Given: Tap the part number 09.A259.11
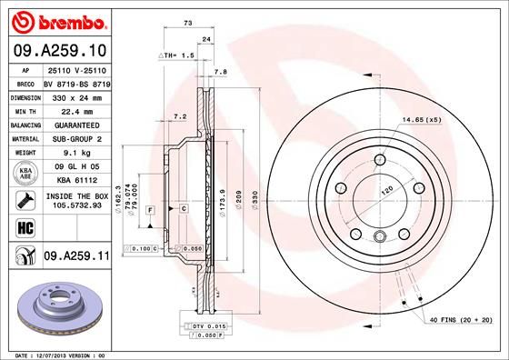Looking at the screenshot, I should pos(75,257).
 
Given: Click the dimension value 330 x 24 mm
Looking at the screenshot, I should pos(75,95).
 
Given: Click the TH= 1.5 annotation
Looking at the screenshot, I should pos(178,55).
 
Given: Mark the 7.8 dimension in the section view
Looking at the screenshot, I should pos(219,71).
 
